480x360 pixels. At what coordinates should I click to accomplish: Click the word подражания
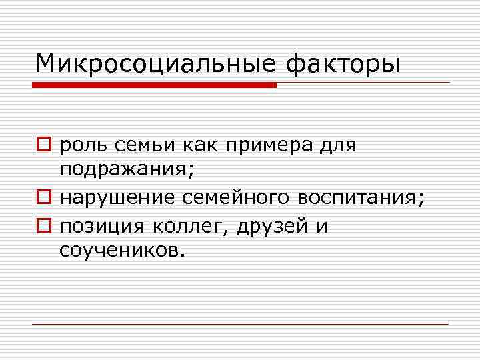pyautogui.click(x=127, y=172)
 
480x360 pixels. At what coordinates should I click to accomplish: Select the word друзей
pyautogui.click(x=273, y=227)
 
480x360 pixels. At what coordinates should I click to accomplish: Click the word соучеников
pyautogui.click(x=119, y=251)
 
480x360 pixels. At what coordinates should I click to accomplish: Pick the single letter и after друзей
pyautogui.click(x=321, y=227)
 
